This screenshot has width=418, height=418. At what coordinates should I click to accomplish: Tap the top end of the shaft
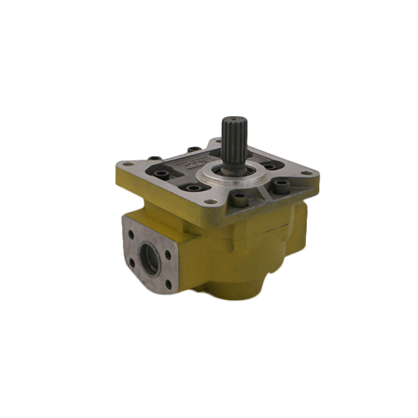232,118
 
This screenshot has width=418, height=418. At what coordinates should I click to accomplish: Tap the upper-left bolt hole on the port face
135,223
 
